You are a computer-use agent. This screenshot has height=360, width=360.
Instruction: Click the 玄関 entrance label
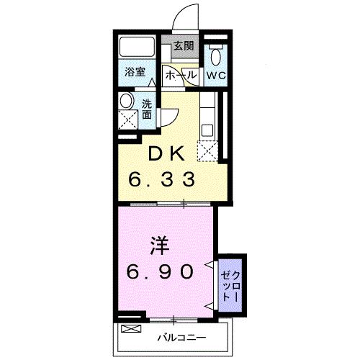(184, 45)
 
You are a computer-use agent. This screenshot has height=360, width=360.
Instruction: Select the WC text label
(216, 76)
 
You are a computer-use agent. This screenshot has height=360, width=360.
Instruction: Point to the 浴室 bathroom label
(135, 71)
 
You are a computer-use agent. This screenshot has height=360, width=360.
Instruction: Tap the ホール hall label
(181, 76)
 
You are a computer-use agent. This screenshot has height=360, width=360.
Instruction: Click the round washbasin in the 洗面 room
(127, 101)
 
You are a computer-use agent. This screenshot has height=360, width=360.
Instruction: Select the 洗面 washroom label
(147, 109)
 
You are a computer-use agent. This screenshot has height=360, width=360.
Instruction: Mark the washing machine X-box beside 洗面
(128, 120)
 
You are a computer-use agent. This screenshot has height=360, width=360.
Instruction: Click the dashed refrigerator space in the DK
(208, 151)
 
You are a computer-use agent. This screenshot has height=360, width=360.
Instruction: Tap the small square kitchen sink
(207, 130)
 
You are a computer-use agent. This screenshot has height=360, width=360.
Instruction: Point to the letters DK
(166, 154)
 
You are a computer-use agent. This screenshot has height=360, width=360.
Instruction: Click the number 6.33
(161, 179)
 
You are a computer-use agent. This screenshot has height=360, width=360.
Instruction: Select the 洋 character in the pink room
(160, 246)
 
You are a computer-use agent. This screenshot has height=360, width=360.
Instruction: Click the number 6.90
(160, 271)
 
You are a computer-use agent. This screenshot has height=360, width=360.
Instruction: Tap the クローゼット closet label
(230, 286)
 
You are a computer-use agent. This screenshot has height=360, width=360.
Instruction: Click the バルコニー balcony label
(181, 338)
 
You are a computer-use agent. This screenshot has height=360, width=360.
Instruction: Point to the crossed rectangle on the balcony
(131, 328)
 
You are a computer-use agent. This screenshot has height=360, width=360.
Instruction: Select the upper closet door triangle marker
(209, 264)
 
